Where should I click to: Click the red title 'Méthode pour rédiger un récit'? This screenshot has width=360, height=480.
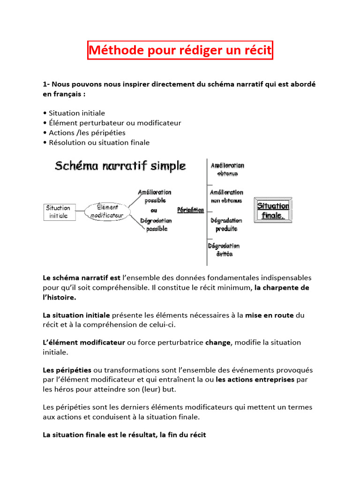(180, 50)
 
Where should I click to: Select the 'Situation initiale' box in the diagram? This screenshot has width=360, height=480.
(58, 211)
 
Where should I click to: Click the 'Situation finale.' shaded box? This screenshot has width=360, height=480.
(273, 210)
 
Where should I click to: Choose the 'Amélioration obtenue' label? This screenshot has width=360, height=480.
(227, 169)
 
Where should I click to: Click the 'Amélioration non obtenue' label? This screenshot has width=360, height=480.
(226, 196)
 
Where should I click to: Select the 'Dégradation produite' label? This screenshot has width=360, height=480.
(226, 225)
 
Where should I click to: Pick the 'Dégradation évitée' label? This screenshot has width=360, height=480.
(225, 250)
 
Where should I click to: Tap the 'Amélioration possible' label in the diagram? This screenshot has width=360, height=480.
(155, 196)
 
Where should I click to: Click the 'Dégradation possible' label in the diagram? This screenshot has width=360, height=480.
(156, 225)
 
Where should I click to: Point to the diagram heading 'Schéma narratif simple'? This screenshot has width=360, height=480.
(120, 166)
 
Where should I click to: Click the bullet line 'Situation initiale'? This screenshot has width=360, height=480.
(77, 113)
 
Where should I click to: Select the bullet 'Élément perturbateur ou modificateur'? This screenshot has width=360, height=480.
(115, 123)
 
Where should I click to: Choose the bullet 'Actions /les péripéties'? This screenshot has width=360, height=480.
(87, 133)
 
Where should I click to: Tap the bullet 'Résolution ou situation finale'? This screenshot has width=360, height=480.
(99, 142)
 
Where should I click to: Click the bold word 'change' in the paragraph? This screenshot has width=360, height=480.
(217, 342)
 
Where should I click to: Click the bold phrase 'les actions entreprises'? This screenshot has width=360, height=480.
(255, 380)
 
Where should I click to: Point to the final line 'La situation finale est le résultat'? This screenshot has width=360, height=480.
(124, 435)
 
